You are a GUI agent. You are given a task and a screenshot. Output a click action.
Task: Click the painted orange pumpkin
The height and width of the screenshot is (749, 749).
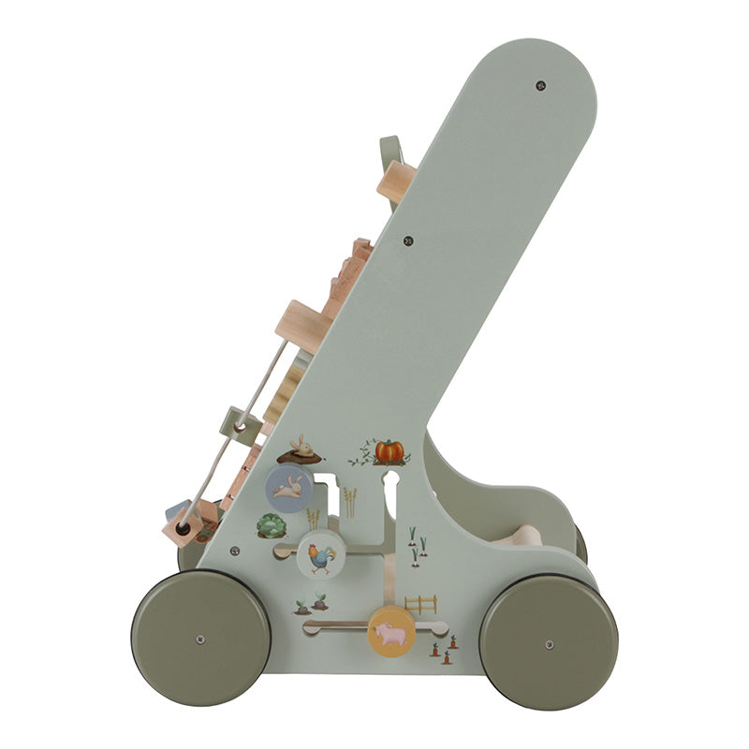pos(389,451)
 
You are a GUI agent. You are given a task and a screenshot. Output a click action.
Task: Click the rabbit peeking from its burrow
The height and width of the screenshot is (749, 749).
pos(301,449)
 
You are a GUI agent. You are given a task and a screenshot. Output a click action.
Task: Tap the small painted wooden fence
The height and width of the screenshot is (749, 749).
pos(420,604)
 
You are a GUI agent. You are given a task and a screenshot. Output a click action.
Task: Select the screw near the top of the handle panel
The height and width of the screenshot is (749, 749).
pos(540,85)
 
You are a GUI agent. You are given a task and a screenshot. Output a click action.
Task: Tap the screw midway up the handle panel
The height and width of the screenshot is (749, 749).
pos(408,241)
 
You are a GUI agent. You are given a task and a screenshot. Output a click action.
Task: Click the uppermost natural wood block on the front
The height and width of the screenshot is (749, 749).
pos(397,179)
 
